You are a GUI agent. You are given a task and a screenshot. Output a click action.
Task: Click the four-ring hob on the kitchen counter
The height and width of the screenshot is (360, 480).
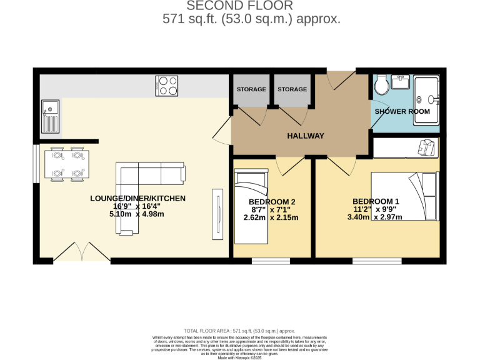(x=167, y=86)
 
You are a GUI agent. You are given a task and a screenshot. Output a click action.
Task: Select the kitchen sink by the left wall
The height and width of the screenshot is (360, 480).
(x=50, y=118)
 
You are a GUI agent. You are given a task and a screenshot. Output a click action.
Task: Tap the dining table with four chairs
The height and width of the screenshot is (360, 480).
(x=67, y=164)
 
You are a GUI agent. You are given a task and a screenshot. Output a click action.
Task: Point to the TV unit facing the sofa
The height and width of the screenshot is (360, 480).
(x=217, y=213)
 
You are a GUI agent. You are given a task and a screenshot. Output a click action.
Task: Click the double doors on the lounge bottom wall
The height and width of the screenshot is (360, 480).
(x=81, y=253)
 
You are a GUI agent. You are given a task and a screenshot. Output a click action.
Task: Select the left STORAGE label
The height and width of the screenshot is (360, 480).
(x=251, y=89)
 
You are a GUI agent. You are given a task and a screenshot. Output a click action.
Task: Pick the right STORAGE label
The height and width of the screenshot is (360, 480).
(x=292, y=89)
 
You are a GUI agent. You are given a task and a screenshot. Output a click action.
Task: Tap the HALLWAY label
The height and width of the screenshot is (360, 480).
(x=305, y=136)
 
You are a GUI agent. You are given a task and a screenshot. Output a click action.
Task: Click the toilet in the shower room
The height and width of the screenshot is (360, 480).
(x=381, y=87)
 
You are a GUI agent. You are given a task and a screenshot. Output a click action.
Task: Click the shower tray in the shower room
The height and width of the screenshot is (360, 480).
(x=427, y=95)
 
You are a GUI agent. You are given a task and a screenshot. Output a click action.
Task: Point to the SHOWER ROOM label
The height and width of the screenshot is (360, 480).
(x=402, y=111)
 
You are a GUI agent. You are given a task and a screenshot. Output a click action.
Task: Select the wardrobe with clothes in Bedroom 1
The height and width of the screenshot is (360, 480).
(x=406, y=147)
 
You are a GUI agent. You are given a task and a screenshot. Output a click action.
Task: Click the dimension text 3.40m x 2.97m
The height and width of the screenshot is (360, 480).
(x=374, y=217)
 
